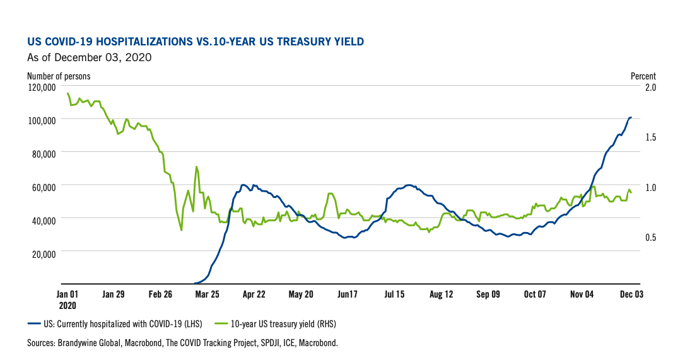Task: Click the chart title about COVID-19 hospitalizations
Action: click(196, 42)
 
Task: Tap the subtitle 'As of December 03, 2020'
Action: click(89, 58)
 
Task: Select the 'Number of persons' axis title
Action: click(59, 76)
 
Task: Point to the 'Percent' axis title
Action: click(643, 76)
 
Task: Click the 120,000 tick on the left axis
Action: click(42, 87)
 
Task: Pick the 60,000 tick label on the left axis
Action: click(44, 186)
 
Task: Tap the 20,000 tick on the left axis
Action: click(44, 252)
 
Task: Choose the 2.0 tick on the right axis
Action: click(648, 87)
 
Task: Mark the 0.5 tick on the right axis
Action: click(648, 238)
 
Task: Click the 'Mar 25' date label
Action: click(208, 294)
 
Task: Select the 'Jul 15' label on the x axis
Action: click(394, 294)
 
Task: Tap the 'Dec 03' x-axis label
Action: click(630, 294)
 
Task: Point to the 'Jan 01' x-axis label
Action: click(67, 294)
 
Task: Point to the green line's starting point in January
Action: click(67, 93)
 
